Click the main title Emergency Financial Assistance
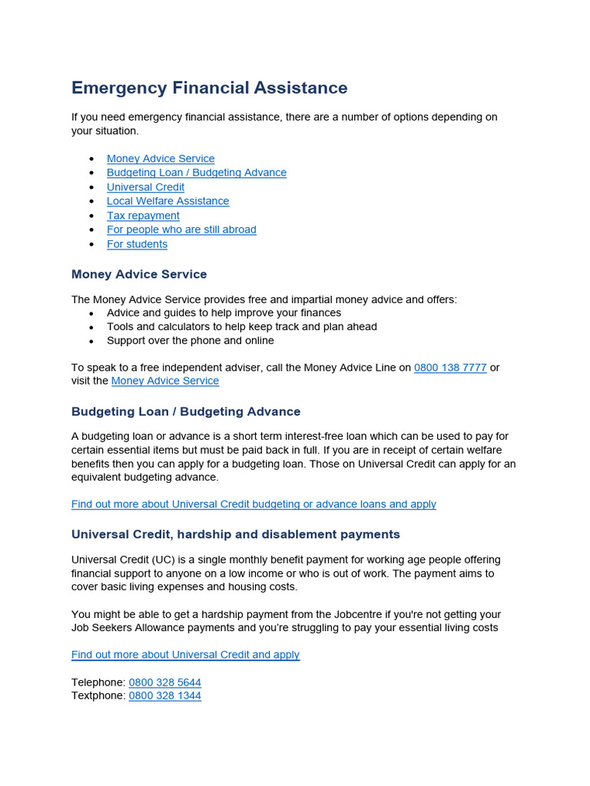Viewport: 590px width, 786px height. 209,88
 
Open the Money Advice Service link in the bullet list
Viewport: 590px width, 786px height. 161,159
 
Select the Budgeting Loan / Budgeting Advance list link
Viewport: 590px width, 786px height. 196,173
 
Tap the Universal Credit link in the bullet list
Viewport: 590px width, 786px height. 145,187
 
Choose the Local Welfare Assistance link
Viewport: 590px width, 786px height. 167,201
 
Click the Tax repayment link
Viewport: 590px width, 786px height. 143,216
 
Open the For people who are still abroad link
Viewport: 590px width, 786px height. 181,230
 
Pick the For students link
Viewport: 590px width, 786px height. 137,244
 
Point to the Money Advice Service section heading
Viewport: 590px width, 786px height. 139,274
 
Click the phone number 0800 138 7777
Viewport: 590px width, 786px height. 450,368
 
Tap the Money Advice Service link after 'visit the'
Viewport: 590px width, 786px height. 165,381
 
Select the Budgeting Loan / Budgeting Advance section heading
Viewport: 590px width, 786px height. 186,411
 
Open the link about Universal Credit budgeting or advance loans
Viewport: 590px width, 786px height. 254,504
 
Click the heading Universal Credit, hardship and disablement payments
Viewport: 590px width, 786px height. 236,534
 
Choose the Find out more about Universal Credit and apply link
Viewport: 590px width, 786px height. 185,655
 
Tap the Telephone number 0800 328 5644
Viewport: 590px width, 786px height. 165,682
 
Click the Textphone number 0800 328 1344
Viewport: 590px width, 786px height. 165,695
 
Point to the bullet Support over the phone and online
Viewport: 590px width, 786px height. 190,341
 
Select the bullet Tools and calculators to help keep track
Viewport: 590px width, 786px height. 241,327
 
